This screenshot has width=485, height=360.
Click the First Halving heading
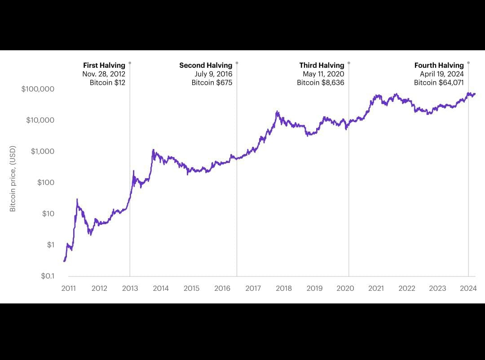point(104,66)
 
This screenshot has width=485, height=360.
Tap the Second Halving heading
point(206,66)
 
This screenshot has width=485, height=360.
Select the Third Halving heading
point(322,66)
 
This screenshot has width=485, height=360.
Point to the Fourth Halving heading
point(439,66)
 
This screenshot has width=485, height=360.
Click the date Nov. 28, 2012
point(104,74)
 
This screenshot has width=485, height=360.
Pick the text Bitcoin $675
point(212,83)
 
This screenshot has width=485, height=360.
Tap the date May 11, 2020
point(323,74)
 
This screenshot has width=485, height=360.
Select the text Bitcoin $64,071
point(439,83)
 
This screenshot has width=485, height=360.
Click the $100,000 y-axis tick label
point(38,89)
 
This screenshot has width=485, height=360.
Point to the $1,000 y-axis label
point(42,151)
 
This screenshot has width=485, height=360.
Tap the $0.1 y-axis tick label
point(47,276)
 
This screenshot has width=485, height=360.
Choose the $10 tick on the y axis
point(48,214)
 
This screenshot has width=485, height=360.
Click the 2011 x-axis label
point(68,288)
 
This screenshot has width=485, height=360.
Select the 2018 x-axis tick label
point(284,288)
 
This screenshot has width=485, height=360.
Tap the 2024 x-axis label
point(468,288)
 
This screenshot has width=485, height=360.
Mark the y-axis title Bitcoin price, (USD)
point(13,179)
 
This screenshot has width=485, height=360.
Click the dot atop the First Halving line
point(130,63)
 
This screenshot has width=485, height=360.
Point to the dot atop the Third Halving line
point(349,63)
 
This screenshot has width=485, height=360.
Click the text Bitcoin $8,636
point(321,83)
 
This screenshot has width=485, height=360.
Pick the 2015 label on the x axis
point(191,288)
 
